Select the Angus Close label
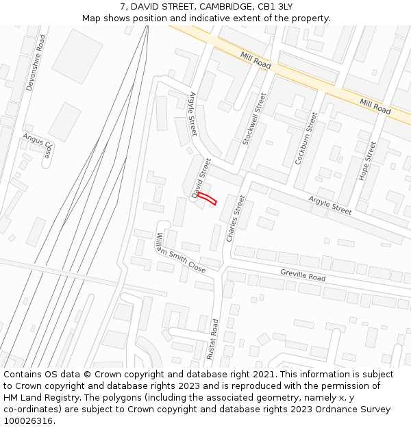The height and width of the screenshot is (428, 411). click(37, 146)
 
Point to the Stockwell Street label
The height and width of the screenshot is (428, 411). click(254, 118)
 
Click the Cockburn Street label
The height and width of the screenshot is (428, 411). click(306, 138)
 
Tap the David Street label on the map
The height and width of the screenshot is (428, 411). click(201, 178)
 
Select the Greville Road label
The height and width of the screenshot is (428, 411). click(303, 275)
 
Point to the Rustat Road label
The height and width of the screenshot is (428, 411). click(215, 340)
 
